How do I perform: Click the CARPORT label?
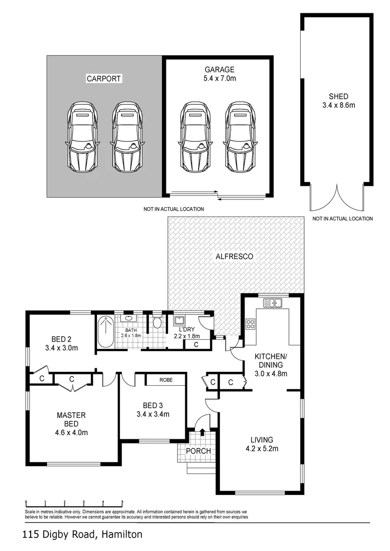pos(104,79)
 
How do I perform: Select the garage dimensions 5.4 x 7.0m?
pos(220,79)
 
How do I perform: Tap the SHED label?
pos(339,96)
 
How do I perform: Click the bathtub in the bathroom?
pos(106,332)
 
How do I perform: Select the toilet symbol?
pos(157,322)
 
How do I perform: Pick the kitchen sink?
pos(273,303)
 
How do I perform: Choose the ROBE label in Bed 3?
pos(165,380)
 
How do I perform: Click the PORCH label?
pos(198,451)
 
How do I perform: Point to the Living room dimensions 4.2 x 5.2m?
pos(261,448)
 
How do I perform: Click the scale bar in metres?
pos(74,502)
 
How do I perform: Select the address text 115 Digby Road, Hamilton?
pos(82,535)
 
